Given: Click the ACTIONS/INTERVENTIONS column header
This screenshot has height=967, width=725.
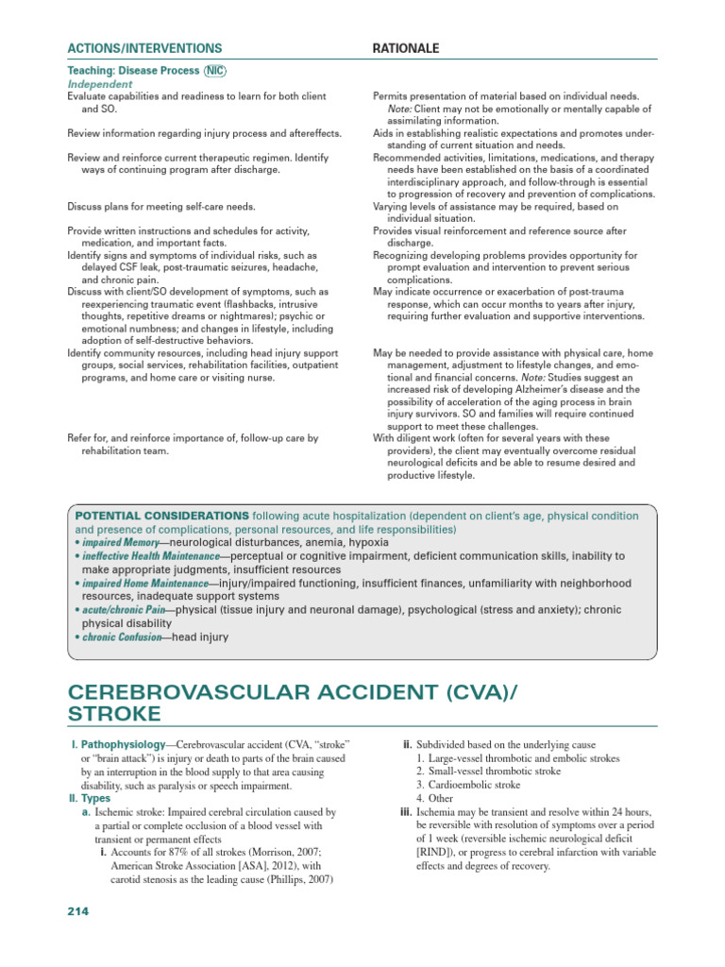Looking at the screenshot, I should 145,48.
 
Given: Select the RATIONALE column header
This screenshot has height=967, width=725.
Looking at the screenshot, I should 406,48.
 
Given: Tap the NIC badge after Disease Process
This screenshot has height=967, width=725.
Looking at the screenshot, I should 214,72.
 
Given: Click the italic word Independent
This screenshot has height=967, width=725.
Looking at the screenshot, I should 100,84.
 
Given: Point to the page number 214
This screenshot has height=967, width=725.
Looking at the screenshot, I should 77,911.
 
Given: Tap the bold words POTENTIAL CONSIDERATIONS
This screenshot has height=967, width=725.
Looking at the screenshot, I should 161,517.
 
